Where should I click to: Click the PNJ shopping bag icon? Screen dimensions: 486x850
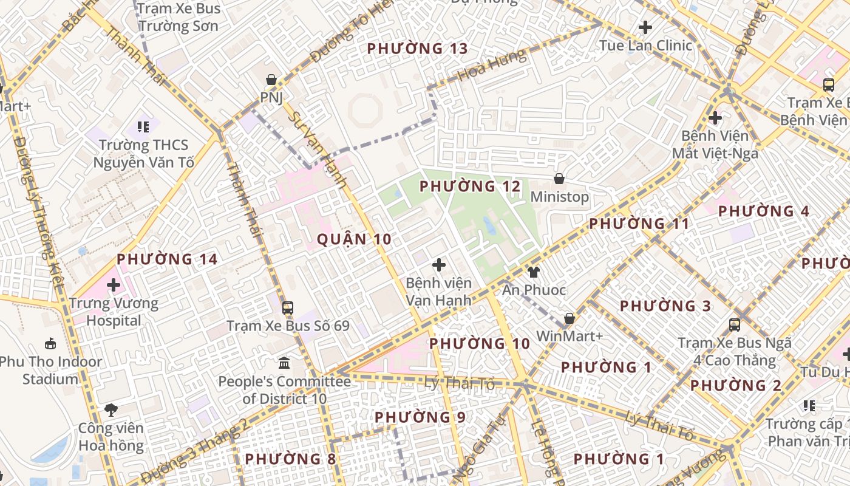pyautogui.click(x=271, y=80)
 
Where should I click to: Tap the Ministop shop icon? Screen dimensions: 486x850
pyautogui.click(x=559, y=179)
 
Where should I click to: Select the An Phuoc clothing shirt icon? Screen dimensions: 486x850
pyautogui.click(x=534, y=272)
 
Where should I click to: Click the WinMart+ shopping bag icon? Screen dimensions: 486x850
pyautogui.click(x=569, y=318)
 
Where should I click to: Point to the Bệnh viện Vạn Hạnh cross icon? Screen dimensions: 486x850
pyautogui.click(x=438, y=265)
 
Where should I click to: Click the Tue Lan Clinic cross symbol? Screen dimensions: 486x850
pyautogui.click(x=645, y=27)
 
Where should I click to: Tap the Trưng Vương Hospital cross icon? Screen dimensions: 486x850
pyautogui.click(x=114, y=284)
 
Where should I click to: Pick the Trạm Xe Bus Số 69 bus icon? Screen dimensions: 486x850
pyautogui.click(x=288, y=307)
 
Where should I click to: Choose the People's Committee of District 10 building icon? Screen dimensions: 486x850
pyautogui.click(x=284, y=363)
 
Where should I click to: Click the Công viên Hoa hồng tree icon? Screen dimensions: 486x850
pyautogui.click(x=111, y=409)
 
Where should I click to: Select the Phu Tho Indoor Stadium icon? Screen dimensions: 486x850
pyautogui.click(x=50, y=343)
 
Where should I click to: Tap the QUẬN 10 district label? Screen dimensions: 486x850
pyautogui.click(x=355, y=239)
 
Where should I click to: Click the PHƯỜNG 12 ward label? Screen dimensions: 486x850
pyautogui.click(x=470, y=187)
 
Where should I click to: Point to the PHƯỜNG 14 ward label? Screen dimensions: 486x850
pyautogui.click(x=167, y=259)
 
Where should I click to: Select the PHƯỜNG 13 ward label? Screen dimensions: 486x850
pyautogui.click(x=418, y=49)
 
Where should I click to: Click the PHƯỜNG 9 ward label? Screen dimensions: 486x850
pyautogui.click(x=420, y=417)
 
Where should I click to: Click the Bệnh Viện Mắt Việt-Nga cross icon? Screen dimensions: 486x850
pyautogui.click(x=715, y=117)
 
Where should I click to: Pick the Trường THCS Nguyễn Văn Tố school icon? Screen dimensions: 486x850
pyautogui.click(x=143, y=127)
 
